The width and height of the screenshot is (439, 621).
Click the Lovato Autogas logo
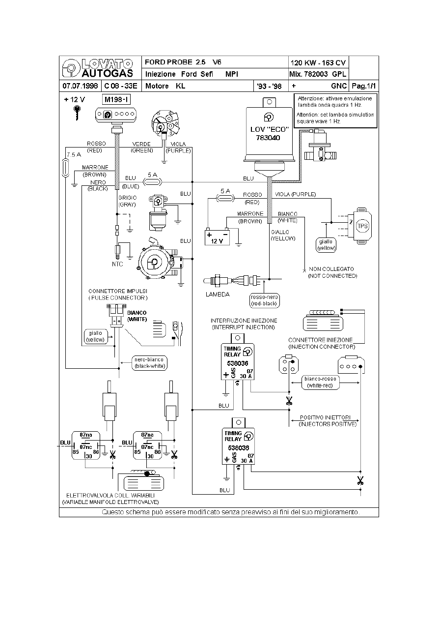100,68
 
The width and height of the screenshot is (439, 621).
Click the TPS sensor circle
362,226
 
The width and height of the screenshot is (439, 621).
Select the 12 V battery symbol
217,237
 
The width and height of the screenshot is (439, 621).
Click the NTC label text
117,264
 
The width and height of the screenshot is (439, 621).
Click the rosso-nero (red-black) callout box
264,300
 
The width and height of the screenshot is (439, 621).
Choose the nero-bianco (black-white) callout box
150,362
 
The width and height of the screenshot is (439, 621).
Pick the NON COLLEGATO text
332,269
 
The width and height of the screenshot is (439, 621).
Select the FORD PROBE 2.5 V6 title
183,62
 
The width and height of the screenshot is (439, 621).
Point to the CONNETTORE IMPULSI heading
118,291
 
